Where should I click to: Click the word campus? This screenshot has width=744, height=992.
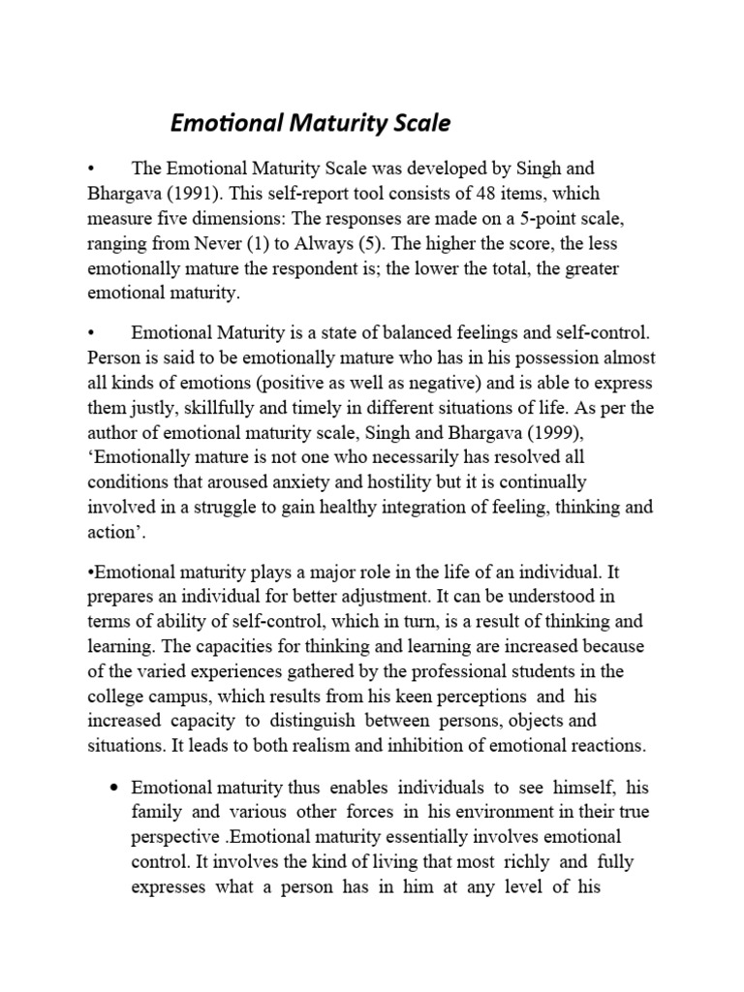173,696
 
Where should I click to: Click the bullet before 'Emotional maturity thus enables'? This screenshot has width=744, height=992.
115,785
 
